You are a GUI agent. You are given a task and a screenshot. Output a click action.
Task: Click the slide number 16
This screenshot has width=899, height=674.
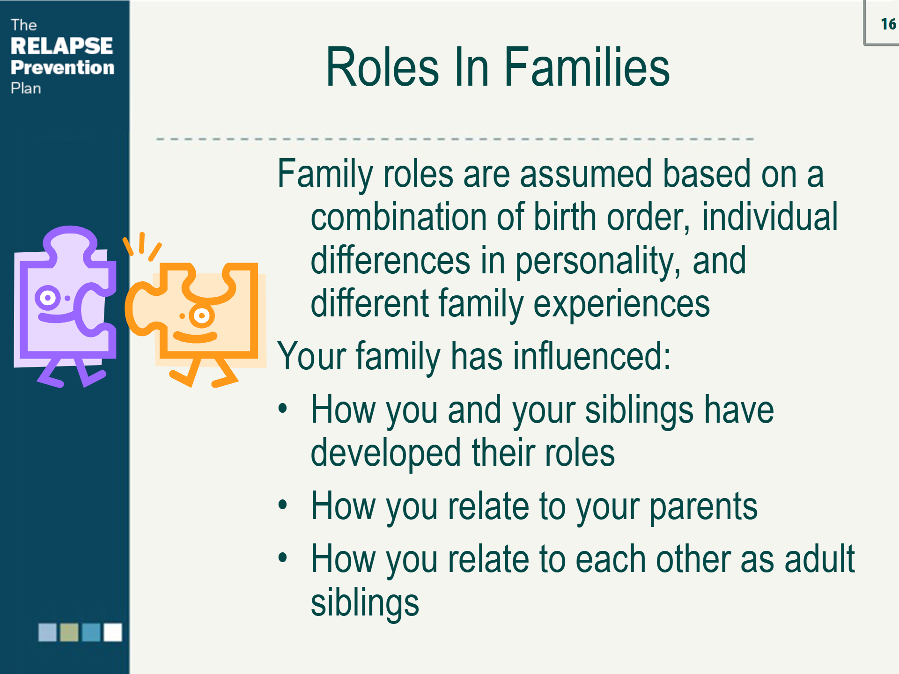pos(888,24)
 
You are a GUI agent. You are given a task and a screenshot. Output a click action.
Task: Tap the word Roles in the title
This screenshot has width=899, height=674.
pos(382,67)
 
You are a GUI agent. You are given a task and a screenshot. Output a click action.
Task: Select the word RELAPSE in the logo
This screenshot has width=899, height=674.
pos(61,46)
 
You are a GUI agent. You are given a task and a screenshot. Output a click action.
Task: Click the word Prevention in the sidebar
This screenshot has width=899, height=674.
pos(62,67)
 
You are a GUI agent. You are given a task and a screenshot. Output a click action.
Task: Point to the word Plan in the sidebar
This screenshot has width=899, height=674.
pos(26,88)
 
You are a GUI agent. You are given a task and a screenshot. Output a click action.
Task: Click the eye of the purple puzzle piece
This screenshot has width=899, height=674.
pos(47,298)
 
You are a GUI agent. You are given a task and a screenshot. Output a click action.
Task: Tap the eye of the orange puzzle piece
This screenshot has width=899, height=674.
pos(202,316)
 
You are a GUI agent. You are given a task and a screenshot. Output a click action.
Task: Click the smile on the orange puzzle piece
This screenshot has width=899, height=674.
pos(195,337)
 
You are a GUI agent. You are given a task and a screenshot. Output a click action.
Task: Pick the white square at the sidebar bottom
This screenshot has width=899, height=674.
pos(112,632)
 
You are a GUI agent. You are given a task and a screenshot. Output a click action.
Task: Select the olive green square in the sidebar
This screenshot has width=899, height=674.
pos(69,632)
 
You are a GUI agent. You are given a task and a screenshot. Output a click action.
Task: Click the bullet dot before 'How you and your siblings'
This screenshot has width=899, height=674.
pos(282,408)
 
